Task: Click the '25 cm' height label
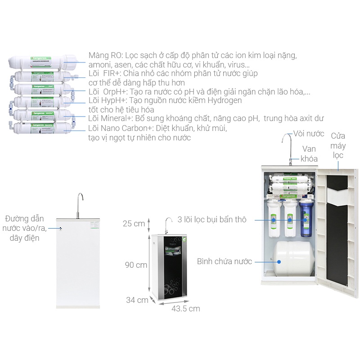click(x=134, y=224)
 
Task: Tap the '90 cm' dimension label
click(x=136, y=265)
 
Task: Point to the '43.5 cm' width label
click(x=185, y=309)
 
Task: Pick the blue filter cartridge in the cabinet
click(x=306, y=218)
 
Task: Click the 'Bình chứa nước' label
click(x=224, y=261)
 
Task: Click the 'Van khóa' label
click(x=309, y=153)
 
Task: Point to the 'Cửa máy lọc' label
click(x=338, y=145)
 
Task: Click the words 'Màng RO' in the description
click(x=104, y=56)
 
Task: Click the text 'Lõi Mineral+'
click(x=108, y=118)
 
